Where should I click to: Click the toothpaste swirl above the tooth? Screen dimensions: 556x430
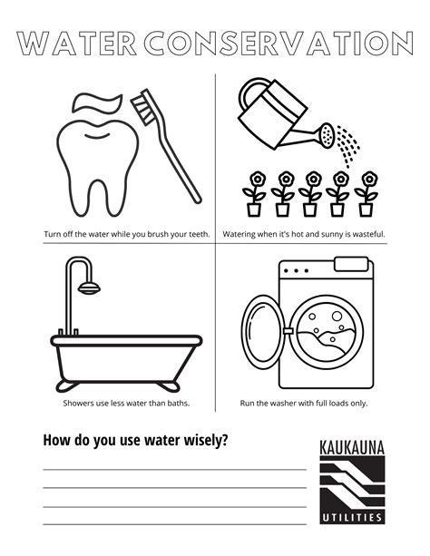pos(96,102)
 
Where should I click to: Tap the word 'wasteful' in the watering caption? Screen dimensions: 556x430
pos(367,234)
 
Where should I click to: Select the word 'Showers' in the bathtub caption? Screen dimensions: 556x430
pos(79,403)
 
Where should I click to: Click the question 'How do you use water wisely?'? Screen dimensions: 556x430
pos(135,441)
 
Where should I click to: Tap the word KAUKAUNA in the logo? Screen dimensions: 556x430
pos(352,446)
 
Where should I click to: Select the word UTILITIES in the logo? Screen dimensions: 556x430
pos(352,517)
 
